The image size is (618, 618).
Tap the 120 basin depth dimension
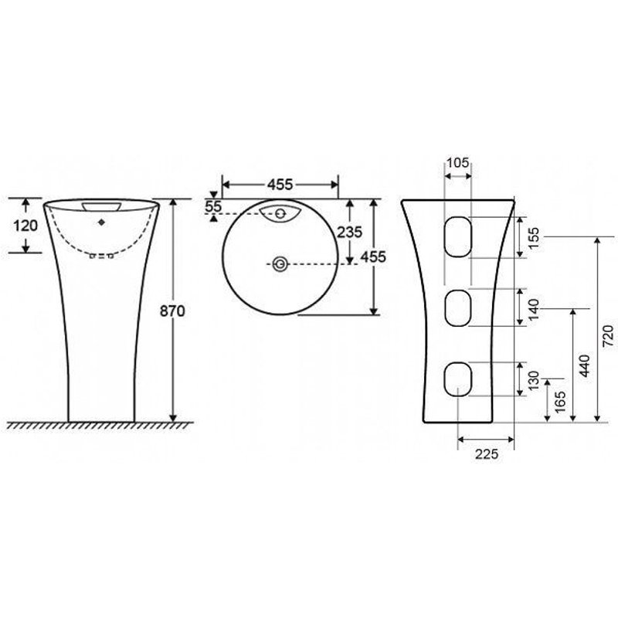(27, 225)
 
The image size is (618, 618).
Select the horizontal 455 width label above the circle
(280, 185)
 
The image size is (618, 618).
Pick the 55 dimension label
(214, 207)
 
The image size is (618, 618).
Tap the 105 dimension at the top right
(458, 162)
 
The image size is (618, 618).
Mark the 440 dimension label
(584, 365)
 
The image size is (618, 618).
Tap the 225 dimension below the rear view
(484, 453)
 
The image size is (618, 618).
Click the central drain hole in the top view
(280, 264)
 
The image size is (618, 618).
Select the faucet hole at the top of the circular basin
(281, 212)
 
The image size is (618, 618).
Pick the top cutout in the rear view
(458, 236)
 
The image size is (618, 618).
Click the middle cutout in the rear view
(458, 308)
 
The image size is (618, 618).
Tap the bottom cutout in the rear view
(458, 379)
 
